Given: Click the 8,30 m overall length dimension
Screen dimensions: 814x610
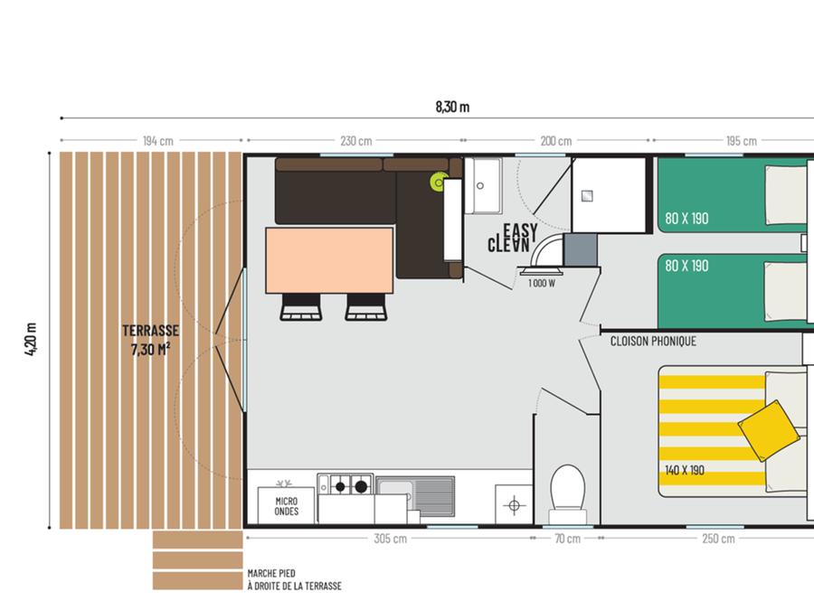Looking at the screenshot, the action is (453, 107).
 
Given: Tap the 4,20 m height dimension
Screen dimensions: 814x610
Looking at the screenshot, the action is (31, 339).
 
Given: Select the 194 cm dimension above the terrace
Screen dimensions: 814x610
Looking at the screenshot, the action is (158, 141).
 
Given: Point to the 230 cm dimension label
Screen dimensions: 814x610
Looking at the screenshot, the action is (356, 141).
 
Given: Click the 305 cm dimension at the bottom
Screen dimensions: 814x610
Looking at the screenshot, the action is (391, 539).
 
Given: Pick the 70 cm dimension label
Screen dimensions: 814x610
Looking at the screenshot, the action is (567, 539).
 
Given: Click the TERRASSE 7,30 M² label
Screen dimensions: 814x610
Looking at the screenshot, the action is (150, 341).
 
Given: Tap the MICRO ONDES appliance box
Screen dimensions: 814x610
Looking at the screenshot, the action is (286, 505).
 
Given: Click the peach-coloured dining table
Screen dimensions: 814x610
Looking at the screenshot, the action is (329, 260).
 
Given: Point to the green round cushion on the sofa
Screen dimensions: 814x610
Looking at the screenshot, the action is (438, 182).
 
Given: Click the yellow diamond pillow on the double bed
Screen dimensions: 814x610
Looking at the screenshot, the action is (768, 430).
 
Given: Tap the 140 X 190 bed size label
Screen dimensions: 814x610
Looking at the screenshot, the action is (685, 470).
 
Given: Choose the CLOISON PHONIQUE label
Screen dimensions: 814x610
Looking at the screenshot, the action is (653, 342).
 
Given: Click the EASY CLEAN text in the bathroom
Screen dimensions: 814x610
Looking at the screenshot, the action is (513, 238).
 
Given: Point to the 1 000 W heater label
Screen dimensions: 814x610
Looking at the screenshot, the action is (542, 283).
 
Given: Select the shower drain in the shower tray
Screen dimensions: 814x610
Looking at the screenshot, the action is (587, 196).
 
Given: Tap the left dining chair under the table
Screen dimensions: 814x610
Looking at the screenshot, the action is (301, 307).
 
